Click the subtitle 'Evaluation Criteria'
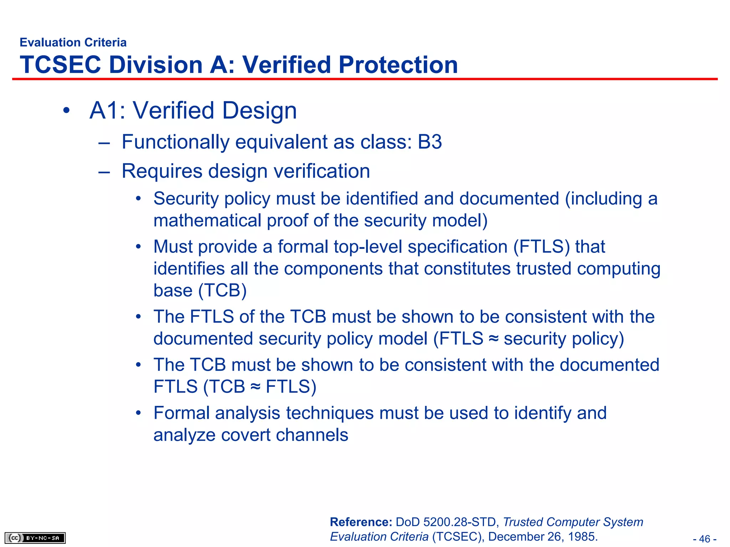pyautogui.click(x=73, y=42)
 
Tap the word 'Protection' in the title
pyautogui.click(x=398, y=65)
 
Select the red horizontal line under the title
pyautogui.click(x=365, y=79)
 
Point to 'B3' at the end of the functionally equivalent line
pyautogui.click(x=430, y=142)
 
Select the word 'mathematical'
pyautogui.click(x=207, y=220)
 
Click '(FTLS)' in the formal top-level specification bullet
pyautogui.click(x=541, y=247)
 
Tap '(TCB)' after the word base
pyautogui.click(x=222, y=291)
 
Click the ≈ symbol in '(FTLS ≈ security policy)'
pyautogui.click(x=493, y=338)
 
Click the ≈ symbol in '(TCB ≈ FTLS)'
pyautogui.click(x=255, y=387)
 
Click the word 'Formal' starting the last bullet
pyautogui.click(x=181, y=413)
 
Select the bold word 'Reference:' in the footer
pyautogui.click(x=361, y=522)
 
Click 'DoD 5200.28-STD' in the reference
pyautogui.click(x=446, y=522)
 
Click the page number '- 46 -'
pyautogui.click(x=705, y=539)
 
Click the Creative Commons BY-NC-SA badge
pyautogui.click(x=35, y=538)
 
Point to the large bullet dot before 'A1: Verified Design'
pyautogui.click(x=66, y=111)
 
